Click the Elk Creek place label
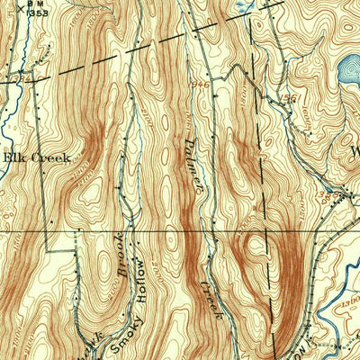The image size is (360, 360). (x=36, y=157)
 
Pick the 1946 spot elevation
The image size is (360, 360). (x=200, y=85)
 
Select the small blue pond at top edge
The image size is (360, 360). (x=241, y=4)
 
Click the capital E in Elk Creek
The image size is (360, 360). (x=8, y=157)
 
